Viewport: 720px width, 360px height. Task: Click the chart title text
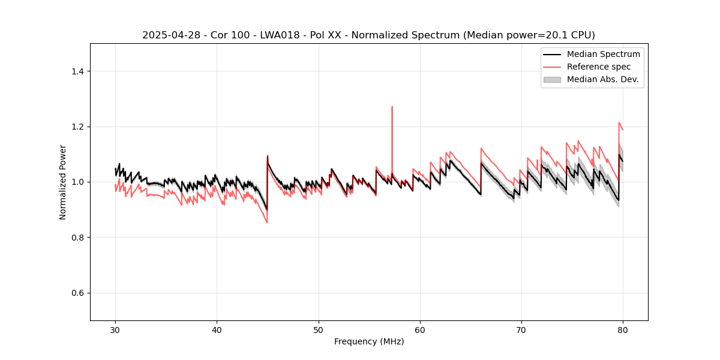tap(368, 35)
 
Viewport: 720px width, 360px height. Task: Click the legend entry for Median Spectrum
tap(603, 54)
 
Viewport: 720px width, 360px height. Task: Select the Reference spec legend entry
tap(598, 67)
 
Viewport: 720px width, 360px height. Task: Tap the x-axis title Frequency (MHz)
tap(369, 342)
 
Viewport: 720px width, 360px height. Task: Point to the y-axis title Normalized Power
tap(63, 182)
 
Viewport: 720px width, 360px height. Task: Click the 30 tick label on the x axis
tap(115, 329)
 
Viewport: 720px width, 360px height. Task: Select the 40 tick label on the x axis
tap(217, 329)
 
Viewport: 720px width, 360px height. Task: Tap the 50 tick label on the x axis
tap(319, 329)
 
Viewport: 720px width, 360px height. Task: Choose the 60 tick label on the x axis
tap(420, 329)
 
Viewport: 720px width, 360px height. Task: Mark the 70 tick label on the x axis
tap(521, 329)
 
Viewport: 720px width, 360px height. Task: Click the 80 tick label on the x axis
tap(623, 329)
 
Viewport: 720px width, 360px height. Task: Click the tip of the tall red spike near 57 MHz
tap(392, 107)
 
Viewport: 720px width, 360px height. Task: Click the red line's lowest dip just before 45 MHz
tap(267, 223)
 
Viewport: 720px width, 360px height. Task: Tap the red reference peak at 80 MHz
tap(619, 122)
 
